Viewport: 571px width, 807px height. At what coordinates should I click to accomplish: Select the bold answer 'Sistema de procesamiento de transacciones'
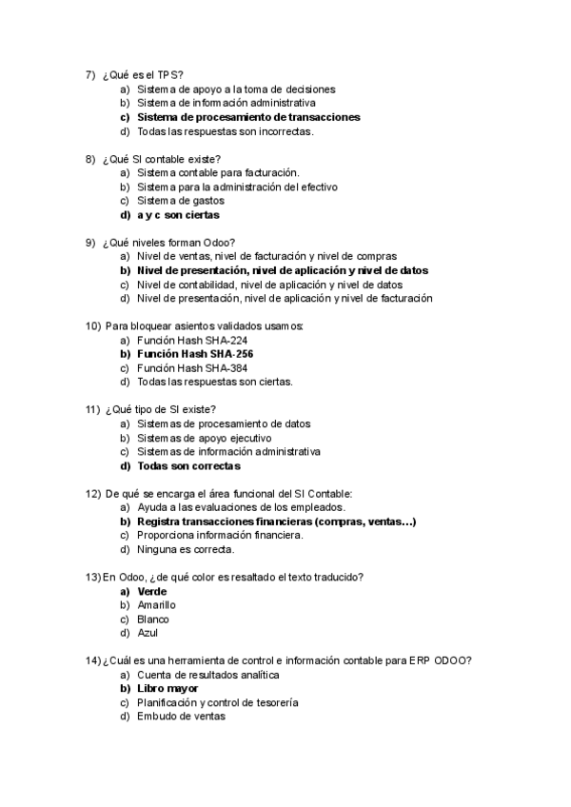coord(248,117)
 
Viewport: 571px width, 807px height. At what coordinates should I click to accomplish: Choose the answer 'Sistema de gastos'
coord(181,201)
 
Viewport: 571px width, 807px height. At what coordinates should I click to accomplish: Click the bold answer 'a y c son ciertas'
coord(178,215)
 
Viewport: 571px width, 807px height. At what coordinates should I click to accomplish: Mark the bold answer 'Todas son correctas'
coord(188,466)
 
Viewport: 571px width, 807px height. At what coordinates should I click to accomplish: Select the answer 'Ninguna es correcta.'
coord(186,549)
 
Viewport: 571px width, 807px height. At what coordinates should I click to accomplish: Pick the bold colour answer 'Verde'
coord(152,591)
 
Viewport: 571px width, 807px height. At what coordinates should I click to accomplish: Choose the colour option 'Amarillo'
coord(157,605)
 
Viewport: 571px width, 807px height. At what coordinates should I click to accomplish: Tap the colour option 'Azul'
coord(148,633)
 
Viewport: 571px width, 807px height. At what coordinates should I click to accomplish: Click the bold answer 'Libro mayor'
coord(167,688)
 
